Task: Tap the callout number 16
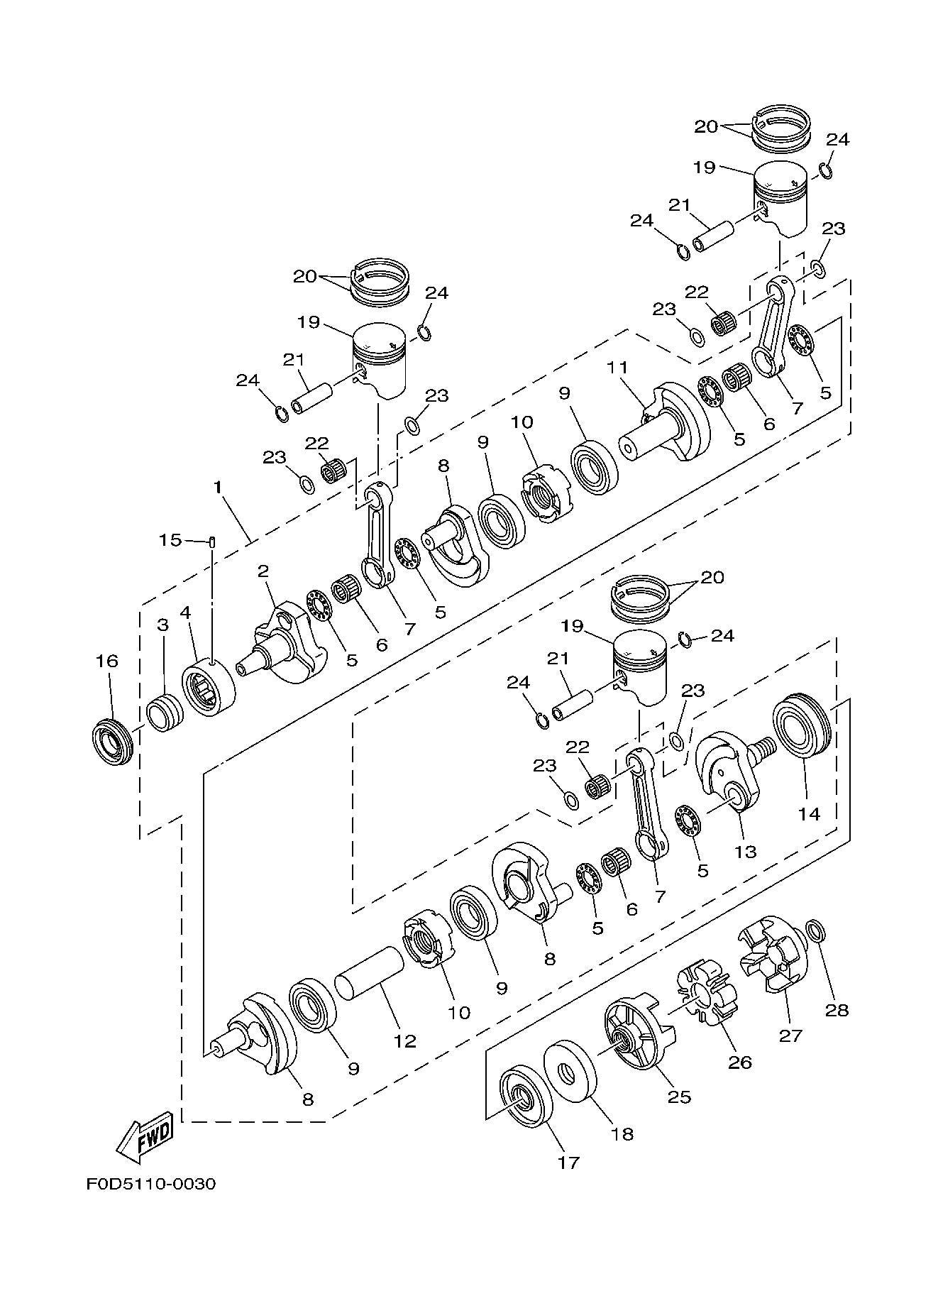point(108,661)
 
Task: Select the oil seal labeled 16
point(114,742)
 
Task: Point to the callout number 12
point(405,1041)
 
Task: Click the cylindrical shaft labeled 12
point(369,973)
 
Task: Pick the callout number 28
point(837,1010)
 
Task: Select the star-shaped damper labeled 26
point(706,994)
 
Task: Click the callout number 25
point(679,1097)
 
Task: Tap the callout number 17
point(569,1163)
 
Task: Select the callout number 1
point(218,488)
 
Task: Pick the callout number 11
point(617,368)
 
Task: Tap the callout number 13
point(746,851)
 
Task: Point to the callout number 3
point(162,625)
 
